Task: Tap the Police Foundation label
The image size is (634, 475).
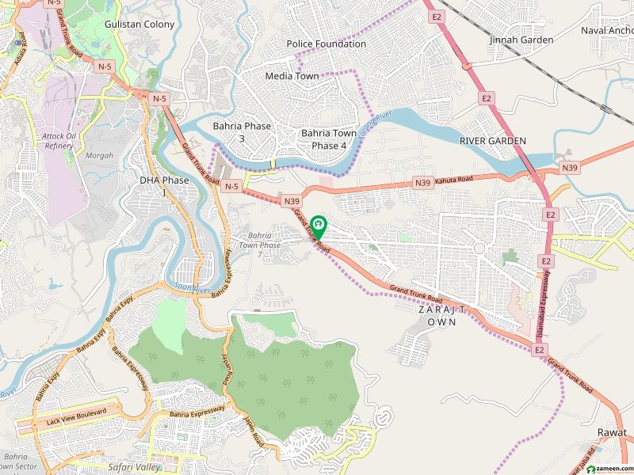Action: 327,44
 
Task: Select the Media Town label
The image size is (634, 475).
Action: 292,76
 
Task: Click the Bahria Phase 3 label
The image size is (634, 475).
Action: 242,132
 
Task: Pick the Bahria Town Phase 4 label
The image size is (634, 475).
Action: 329,139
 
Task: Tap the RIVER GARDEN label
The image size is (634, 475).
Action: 493,141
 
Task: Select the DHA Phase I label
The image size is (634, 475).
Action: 165,186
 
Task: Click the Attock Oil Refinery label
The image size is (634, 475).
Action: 59,141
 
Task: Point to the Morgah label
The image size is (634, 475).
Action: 99,155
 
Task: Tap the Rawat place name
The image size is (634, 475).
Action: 612,433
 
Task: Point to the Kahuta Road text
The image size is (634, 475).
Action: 454,182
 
